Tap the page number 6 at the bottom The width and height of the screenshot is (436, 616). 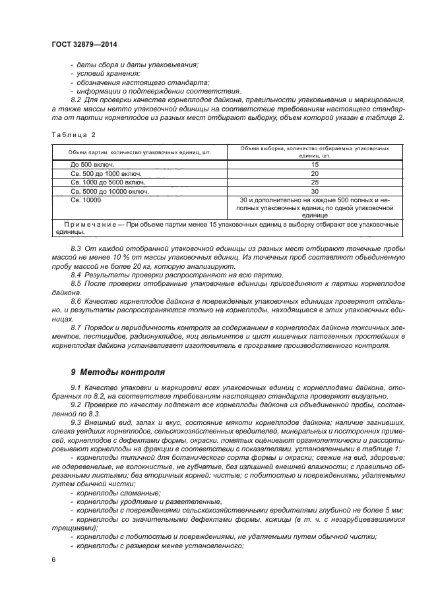click(x=52, y=559)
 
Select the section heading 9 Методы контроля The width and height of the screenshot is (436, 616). click(x=113, y=372)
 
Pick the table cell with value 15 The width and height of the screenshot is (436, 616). click(x=315, y=163)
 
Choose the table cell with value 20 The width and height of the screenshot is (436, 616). click(x=315, y=173)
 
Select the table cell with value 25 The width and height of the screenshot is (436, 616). click(x=315, y=182)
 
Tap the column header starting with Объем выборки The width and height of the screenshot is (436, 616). click(x=315, y=151)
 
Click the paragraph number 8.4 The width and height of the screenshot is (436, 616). click(x=77, y=274)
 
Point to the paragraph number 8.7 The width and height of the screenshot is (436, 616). click(x=77, y=327)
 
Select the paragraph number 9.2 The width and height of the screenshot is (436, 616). click(x=77, y=403)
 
